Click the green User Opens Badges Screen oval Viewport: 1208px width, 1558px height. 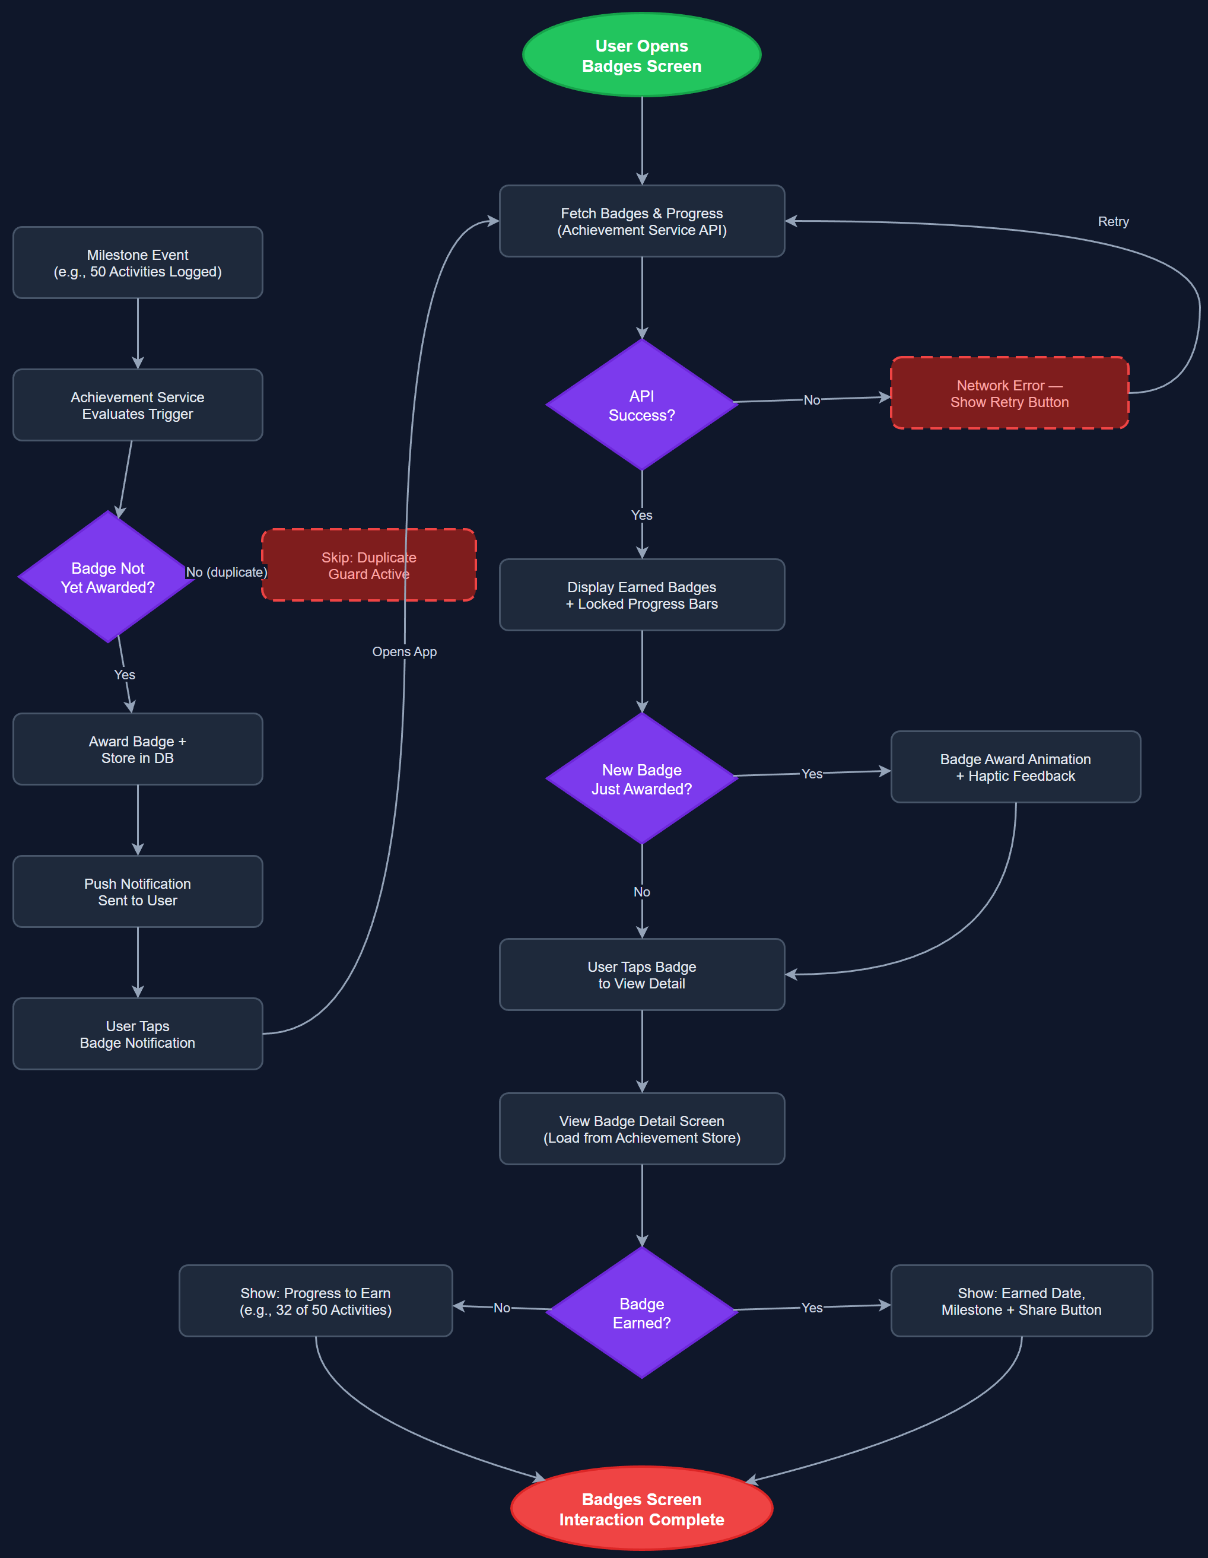click(x=641, y=56)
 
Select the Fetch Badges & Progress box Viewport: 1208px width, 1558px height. click(x=641, y=221)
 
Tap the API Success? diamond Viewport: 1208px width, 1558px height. click(x=641, y=405)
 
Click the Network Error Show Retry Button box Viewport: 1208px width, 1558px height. click(x=1009, y=393)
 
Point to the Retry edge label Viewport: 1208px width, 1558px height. click(x=1112, y=222)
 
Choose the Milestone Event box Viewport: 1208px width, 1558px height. click(x=138, y=262)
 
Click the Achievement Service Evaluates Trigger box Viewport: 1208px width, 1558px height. click(x=138, y=405)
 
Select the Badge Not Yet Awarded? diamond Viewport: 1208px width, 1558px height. click(x=108, y=577)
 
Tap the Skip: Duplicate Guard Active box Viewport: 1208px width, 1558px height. click(x=368, y=565)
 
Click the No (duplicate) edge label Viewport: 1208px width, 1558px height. click(x=226, y=572)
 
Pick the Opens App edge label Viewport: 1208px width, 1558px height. click(x=404, y=651)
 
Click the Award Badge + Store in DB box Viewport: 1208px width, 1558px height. click(x=138, y=749)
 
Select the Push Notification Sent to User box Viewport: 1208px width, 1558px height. click(x=138, y=892)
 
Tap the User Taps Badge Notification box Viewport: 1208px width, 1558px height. click(x=138, y=1034)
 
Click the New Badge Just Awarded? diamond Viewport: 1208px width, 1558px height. click(x=641, y=779)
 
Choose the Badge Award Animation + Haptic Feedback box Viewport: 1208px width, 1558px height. click(x=1015, y=767)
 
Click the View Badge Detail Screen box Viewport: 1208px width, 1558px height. click(x=641, y=1128)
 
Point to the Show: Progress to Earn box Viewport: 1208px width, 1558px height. click(x=316, y=1301)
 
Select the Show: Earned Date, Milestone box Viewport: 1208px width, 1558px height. click(x=1021, y=1301)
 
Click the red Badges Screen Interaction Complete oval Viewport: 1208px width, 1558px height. click(x=641, y=1508)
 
